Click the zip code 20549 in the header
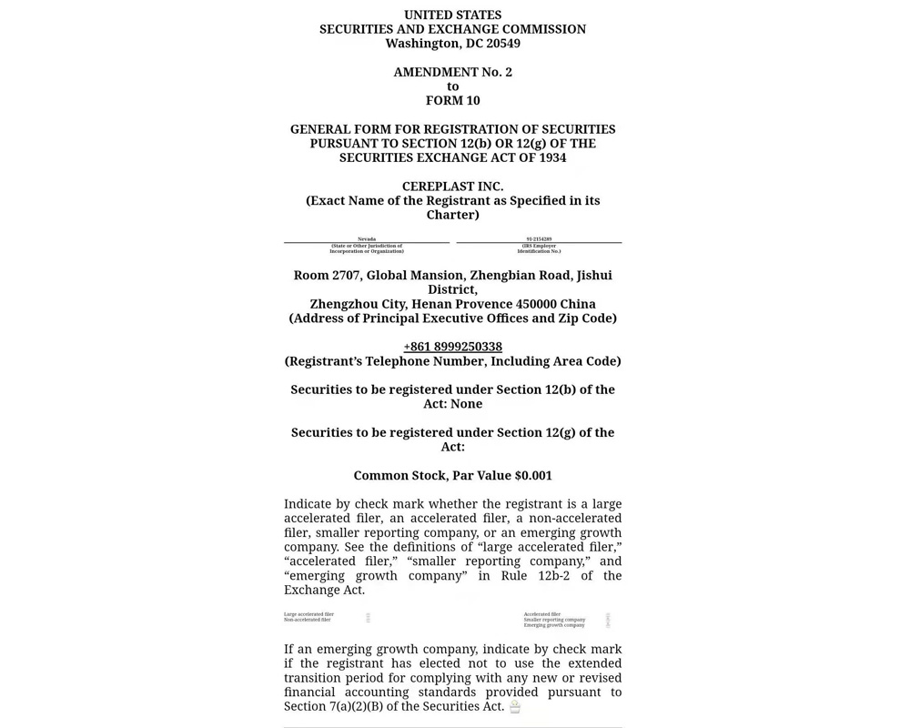coord(503,44)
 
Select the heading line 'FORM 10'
coord(452,100)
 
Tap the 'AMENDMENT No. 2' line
coord(452,72)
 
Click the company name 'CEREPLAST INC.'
coord(452,187)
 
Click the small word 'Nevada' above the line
coord(367,239)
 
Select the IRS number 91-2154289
coord(539,239)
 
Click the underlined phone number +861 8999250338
coord(452,347)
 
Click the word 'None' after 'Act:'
coord(466,404)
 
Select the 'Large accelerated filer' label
coord(308,614)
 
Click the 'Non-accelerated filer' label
coord(307,620)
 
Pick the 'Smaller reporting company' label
coord(554,620)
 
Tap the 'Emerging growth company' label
coord(554,625)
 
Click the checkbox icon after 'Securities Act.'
coord(515,707)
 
